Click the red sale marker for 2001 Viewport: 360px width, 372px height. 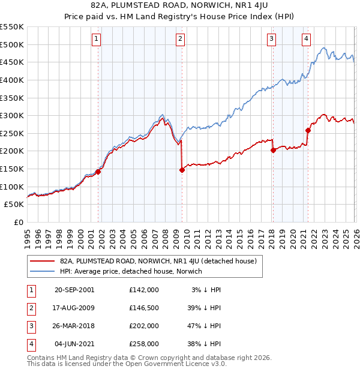98,172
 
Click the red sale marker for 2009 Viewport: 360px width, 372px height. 182,170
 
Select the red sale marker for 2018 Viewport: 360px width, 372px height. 273,151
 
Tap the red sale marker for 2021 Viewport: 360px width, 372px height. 308,130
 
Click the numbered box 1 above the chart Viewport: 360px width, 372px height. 96,39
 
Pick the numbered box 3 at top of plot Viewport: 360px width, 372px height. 271,39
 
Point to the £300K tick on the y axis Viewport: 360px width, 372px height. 12,115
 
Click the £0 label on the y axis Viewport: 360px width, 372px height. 18,222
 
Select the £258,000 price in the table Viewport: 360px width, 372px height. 144,344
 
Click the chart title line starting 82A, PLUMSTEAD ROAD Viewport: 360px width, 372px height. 180,6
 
